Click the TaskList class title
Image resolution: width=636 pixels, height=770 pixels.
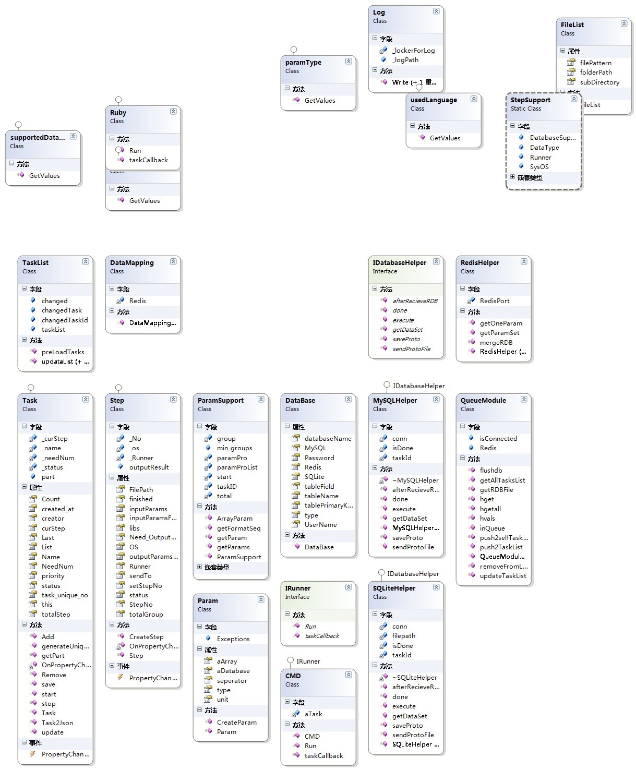(35, 263)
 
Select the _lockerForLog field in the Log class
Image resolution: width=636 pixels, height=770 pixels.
(413, 51)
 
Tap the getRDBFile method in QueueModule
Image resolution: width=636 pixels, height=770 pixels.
(496, 490)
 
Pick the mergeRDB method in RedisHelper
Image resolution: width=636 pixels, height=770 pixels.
(496, 342)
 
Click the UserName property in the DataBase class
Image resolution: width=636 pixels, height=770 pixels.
(320, 525)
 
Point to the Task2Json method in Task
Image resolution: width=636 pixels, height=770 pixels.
(57, 723)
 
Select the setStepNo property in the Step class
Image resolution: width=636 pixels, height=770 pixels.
(146, 586)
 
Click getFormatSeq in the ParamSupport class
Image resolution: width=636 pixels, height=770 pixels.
(238, 528)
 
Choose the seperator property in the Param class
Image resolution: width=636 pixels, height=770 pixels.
(232, 681)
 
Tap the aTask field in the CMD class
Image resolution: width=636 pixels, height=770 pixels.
(314, 714)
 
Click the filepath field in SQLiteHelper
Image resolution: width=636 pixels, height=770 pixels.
(404, 636)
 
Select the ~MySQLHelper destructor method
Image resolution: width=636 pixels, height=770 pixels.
(415, 480)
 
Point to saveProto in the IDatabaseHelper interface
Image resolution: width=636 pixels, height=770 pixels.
(406, 339)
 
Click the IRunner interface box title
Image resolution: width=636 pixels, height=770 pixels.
(298, 588)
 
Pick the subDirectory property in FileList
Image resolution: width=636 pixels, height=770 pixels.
(599, 82)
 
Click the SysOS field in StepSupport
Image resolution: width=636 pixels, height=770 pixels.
(539, 167)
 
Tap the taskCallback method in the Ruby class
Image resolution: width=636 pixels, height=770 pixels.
(148, 160)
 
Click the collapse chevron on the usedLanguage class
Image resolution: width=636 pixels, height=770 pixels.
(474, 99)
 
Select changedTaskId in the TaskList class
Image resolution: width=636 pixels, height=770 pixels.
(65, 320)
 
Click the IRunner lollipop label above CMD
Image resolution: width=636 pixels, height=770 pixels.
(308, 661)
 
